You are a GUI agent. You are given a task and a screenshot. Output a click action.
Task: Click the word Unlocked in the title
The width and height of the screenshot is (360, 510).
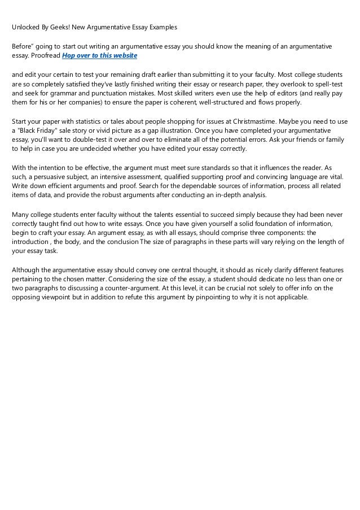(27, 27)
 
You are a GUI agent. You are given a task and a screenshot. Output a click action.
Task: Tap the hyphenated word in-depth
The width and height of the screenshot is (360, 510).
(228, 195)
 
